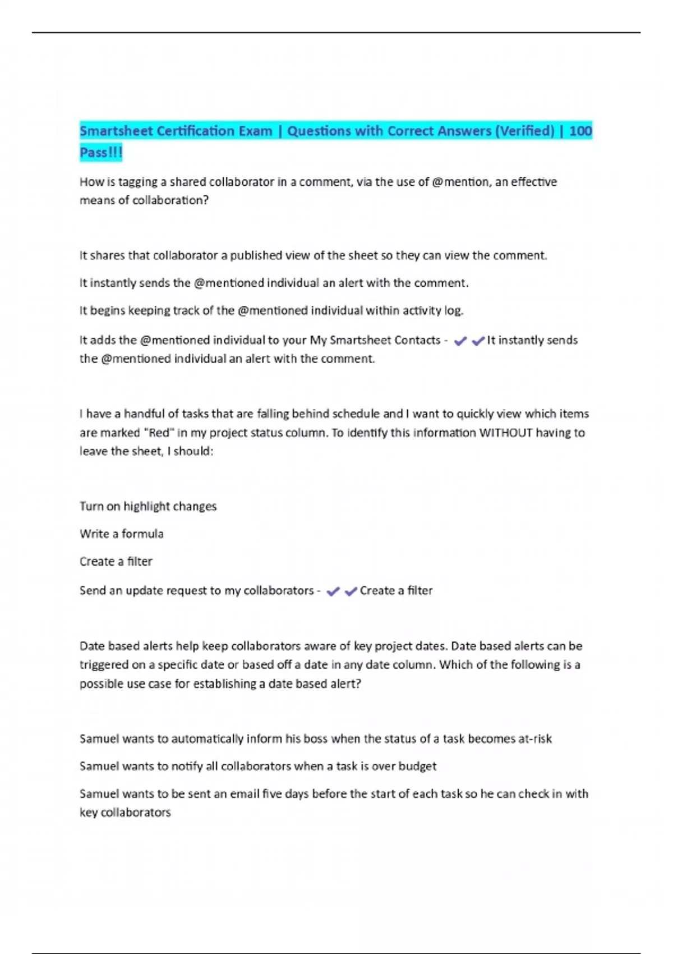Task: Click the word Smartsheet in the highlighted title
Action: click(x=117, y=131)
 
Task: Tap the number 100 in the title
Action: click(x=580, y=131)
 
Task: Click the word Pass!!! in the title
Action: click(x=101, y=153)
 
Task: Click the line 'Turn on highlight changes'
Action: click(x=148, y=506)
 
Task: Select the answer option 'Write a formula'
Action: click(x=122, y=534)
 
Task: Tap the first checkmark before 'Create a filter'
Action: click(x=333, y=591)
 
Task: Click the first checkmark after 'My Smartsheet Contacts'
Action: click(x=460, y=341)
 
